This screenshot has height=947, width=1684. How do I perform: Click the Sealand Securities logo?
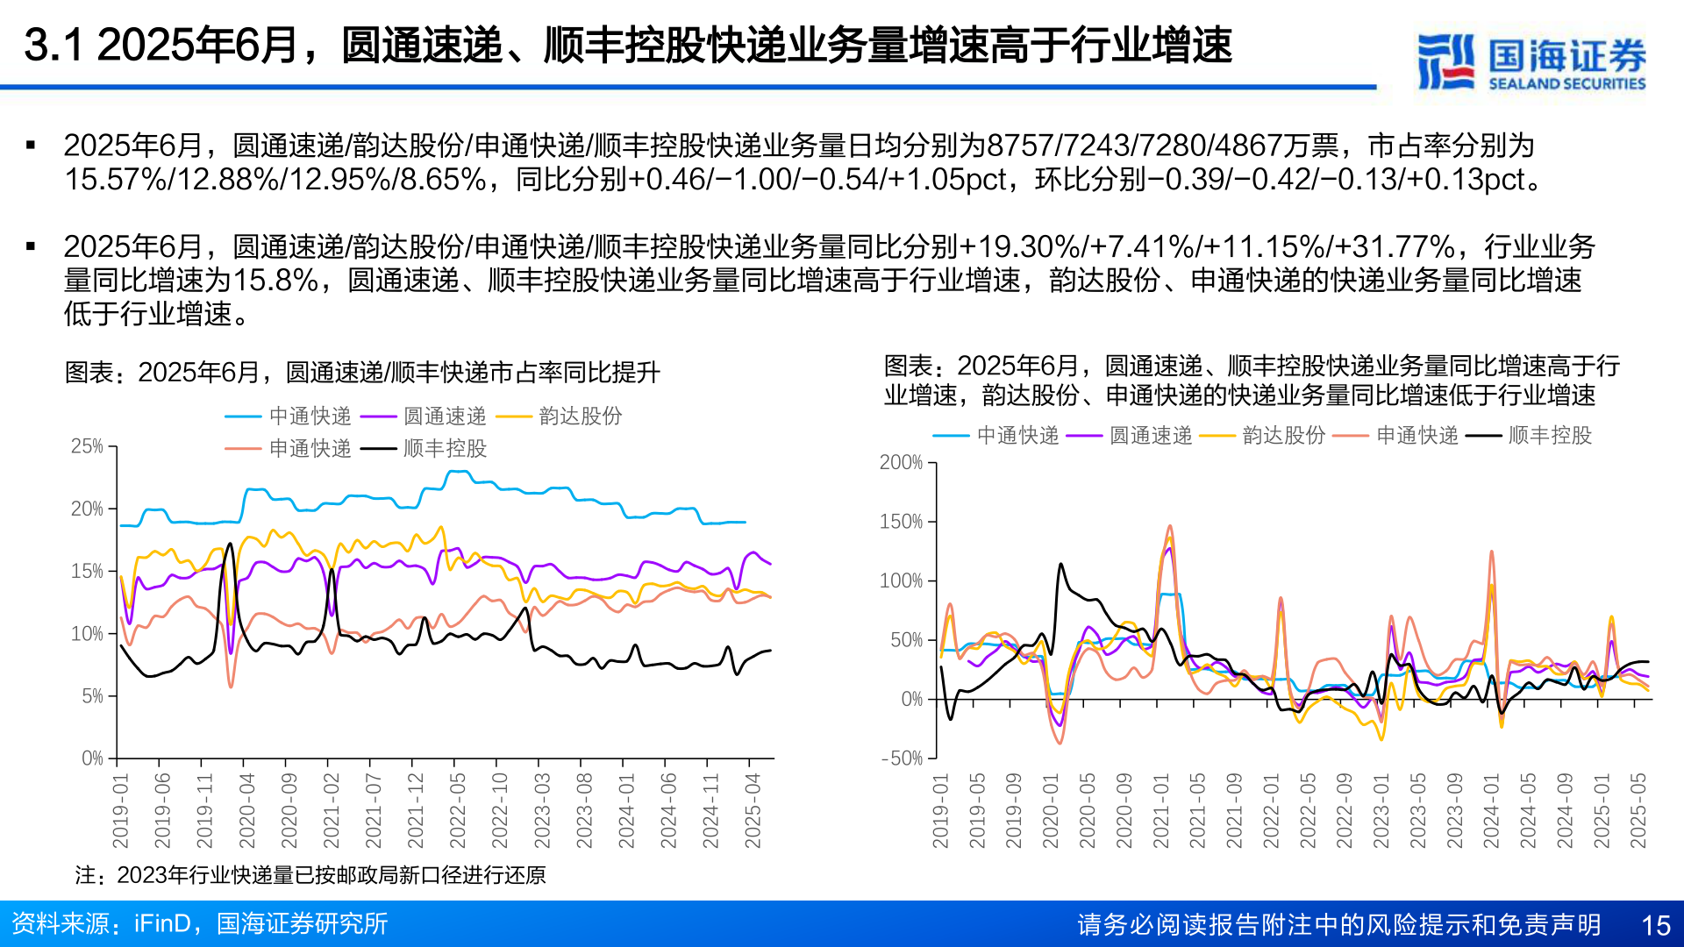1531,61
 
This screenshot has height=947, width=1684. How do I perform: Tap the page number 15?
1655,925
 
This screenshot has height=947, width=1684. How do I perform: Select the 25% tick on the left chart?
87,446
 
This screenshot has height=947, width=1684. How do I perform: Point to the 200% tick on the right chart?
901,462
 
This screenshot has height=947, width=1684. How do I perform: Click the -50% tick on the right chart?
902,758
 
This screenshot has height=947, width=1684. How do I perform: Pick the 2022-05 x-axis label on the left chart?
458,810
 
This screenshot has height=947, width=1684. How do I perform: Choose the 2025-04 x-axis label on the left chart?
753,810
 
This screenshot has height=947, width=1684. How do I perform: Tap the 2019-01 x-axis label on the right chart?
941,810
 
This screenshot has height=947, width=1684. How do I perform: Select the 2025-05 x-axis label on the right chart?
1638,810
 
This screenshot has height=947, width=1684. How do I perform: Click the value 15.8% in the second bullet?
275,281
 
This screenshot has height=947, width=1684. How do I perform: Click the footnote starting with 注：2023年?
310,875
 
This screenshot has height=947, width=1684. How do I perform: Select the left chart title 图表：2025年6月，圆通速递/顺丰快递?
362,373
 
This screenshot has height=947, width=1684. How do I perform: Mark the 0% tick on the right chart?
911,699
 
